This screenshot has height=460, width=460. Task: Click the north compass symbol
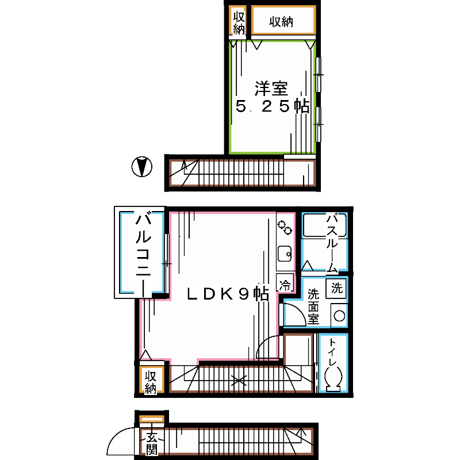141,167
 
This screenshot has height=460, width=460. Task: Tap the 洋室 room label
271,89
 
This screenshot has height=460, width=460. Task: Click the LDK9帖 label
227,294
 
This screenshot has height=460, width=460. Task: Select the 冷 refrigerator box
284,283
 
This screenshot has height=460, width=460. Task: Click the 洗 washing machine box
337,288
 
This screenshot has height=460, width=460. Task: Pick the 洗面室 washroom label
313,305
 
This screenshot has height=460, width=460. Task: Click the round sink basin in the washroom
339,316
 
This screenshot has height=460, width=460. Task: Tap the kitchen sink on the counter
284,254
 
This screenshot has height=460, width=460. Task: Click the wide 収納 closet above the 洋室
283,22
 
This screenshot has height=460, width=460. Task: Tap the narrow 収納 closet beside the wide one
239,22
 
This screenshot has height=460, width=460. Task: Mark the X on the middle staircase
238,380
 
